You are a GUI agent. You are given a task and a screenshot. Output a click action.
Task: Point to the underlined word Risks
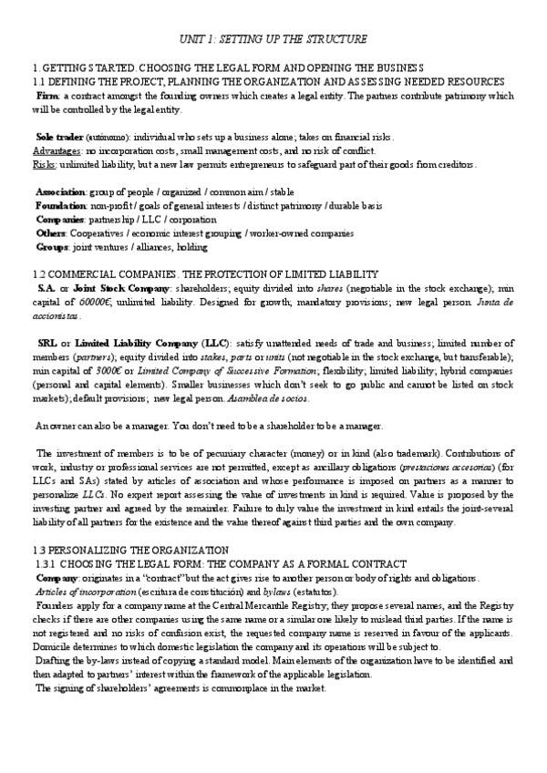pos(45,163)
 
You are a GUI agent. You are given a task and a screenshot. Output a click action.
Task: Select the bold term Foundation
pos(60,206)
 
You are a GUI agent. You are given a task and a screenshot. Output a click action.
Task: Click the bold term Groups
pos(51,246)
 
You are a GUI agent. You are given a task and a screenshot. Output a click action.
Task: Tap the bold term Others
pos(51,232)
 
